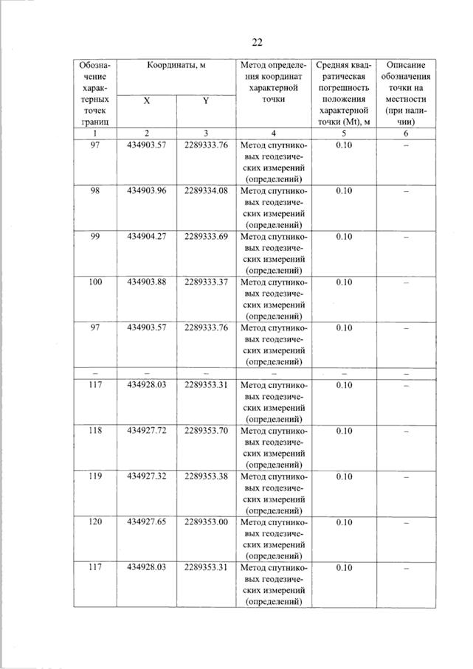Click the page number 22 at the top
point(257,42)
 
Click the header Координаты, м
point(176,66)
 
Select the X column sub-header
point(147,103)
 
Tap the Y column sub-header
point(205,103)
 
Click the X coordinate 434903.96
point(147,191)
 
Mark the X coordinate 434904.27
point(147,236)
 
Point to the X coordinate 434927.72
point(147,430)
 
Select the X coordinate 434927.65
point(147,521)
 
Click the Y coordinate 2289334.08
point(207,191)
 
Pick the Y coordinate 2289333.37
point(207,282)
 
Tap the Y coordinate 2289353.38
point(207,476)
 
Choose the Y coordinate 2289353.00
point(207,521)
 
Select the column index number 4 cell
point(273,133)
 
